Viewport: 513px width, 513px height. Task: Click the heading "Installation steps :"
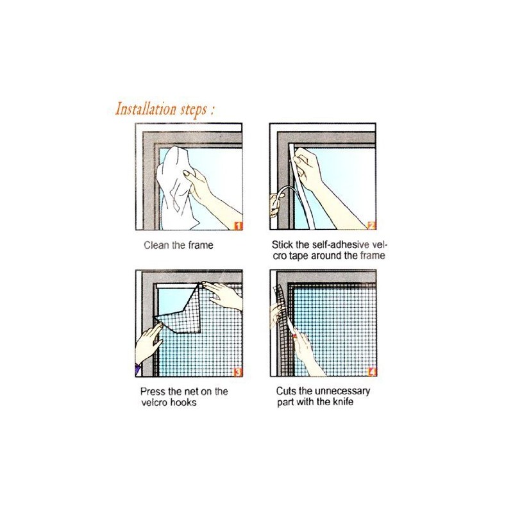tap(164, 108)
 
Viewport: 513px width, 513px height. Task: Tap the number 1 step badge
tap(238, 225)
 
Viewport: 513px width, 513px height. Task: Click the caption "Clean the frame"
tap(178, 244)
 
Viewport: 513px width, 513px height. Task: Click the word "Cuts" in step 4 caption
tap(286, 391)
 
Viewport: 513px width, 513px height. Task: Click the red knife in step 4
tap(295, 334)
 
